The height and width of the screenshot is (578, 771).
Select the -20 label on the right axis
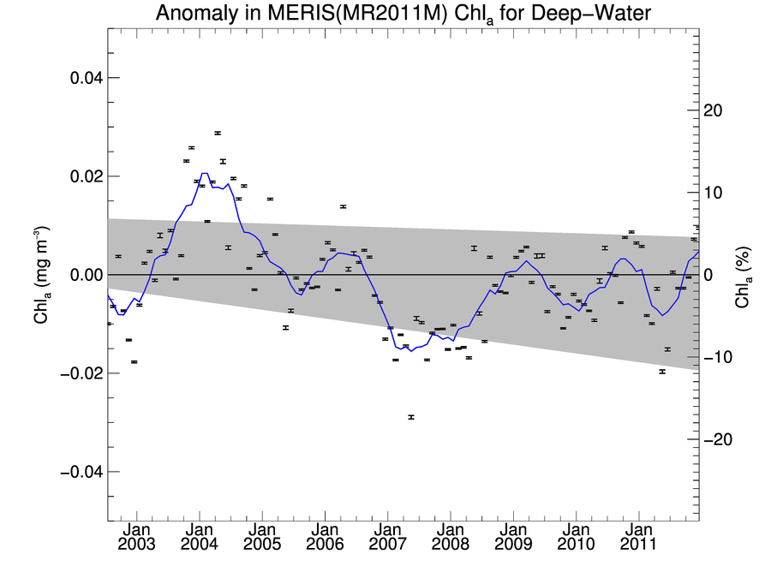tap(717, 439)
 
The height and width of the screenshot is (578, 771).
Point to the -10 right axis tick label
tap(717, 357)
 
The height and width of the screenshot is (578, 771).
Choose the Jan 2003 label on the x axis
tap(136, 536)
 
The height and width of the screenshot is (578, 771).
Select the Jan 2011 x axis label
tap(638, 536)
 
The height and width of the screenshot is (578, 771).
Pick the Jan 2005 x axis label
tap(262, 536)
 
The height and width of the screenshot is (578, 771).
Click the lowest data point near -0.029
tap(411, 417)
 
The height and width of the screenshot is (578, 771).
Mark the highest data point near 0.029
tap(218, 133)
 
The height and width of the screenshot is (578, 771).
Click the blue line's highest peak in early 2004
tap(204, 174)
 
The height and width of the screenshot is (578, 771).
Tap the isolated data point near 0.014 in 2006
tap(343, 206)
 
